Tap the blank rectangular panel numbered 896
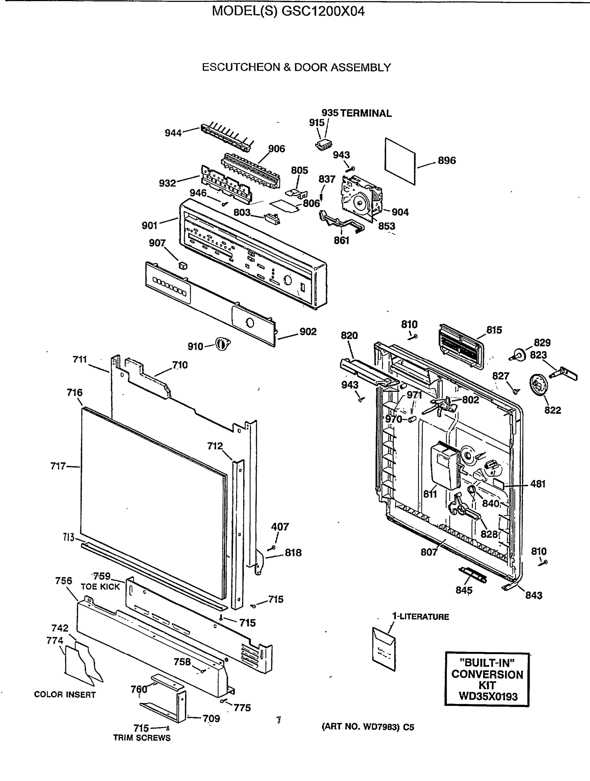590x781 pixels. click(400, 161)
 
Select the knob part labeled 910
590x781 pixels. click(222, 344)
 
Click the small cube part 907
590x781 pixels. click(183, 266)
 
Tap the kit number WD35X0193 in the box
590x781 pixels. click(487, 696)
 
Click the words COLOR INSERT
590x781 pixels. click(65, 694)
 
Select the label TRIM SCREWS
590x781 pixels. click(142, 738)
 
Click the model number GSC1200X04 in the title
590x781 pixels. click(323, 12)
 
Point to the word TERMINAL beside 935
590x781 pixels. click(366, 113)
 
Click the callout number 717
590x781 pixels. click(58, 466)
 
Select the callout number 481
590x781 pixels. click(538, 484)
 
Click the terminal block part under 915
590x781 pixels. click(324, 145)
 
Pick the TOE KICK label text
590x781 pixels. click(100, 587)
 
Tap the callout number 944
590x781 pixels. click(173, 133)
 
